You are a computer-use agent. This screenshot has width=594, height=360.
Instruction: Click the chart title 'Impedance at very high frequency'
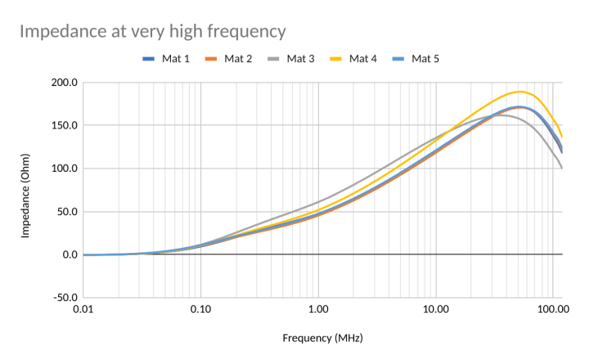pos(152,32)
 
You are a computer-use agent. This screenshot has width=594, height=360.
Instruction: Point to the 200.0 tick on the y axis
pos(64,83)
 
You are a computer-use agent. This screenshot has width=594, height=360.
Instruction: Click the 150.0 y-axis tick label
pos(64,126)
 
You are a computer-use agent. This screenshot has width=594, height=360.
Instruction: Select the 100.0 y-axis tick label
pos(64,169)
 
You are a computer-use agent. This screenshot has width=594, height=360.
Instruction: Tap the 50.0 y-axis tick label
pos(65,212)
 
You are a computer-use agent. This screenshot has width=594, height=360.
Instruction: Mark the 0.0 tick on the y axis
pos(68,254)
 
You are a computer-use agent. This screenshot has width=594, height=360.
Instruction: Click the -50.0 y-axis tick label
pos(64,298)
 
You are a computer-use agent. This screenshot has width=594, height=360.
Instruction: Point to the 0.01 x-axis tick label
pos(83,311)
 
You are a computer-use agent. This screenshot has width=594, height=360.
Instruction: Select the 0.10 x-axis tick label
pos(200,311)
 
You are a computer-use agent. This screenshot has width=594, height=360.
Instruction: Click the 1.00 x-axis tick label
pos(318,311)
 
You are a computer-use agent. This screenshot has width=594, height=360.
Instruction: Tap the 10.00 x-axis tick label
pos(436,311)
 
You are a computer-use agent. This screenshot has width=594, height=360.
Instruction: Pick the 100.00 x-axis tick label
pos(552,311)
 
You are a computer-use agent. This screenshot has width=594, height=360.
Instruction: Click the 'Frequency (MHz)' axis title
pos(322,337)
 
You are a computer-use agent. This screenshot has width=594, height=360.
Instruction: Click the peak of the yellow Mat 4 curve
pos(519,92)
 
